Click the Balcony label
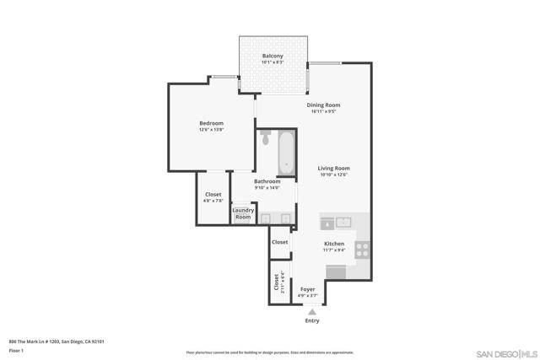pyautogui.click(x=273, y=56)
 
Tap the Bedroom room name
pyautogui.click(x=211, y=124)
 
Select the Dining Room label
pyautogui.click(x=323, y=105)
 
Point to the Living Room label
pyautogui.click(x=333, y=168)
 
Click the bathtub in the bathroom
pyautogui.click(x=285, y=153)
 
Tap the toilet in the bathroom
pyautogui.click(x=266, y=138)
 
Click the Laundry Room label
pyautogui.click(x=243, y=214)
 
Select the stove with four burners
pyautogui.click(x=362, y=249)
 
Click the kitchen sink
pyautogui.click(x=343, y=223)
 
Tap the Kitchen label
pyautogui.click(x=334, y=244)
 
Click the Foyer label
pyautogui.click(x=308, y=289)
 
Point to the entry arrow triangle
pyautogui.click(x=311, y=312)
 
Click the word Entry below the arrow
pyautogui.click(x=312, y=321)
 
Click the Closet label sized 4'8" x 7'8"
pyautogui.click(x=213, y=195)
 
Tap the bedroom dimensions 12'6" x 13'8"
pyautogui.click(x=211, y=131)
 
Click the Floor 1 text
pyautogui.click(x=16, y=350)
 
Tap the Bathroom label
pyautogui.click(x=267, y=181)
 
